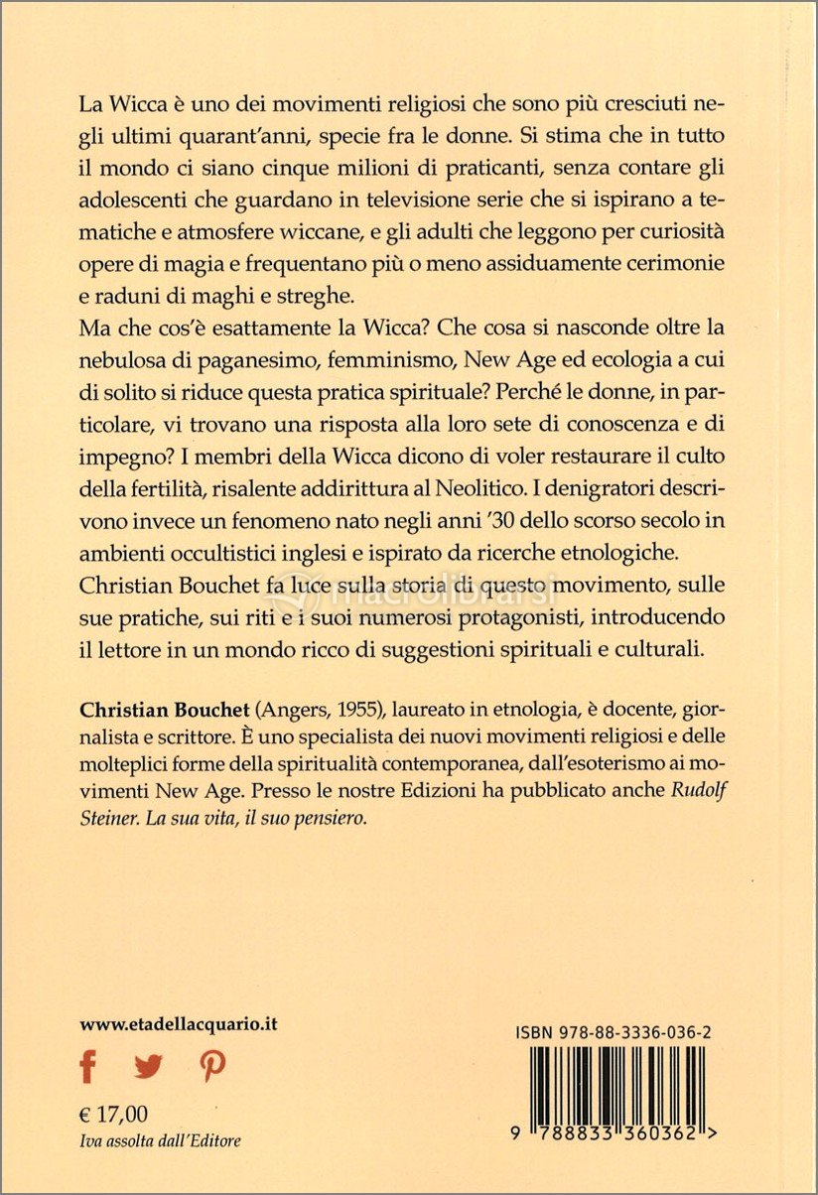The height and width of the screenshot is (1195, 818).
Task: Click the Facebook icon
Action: coord(88,1067)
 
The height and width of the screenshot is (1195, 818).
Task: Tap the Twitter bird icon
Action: coord(148,1067)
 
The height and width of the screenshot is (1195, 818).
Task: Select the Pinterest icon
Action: coord(211,1067)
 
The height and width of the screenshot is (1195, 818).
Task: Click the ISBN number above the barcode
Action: coord(613,1033)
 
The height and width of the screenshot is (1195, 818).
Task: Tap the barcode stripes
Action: coord(614,1087)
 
